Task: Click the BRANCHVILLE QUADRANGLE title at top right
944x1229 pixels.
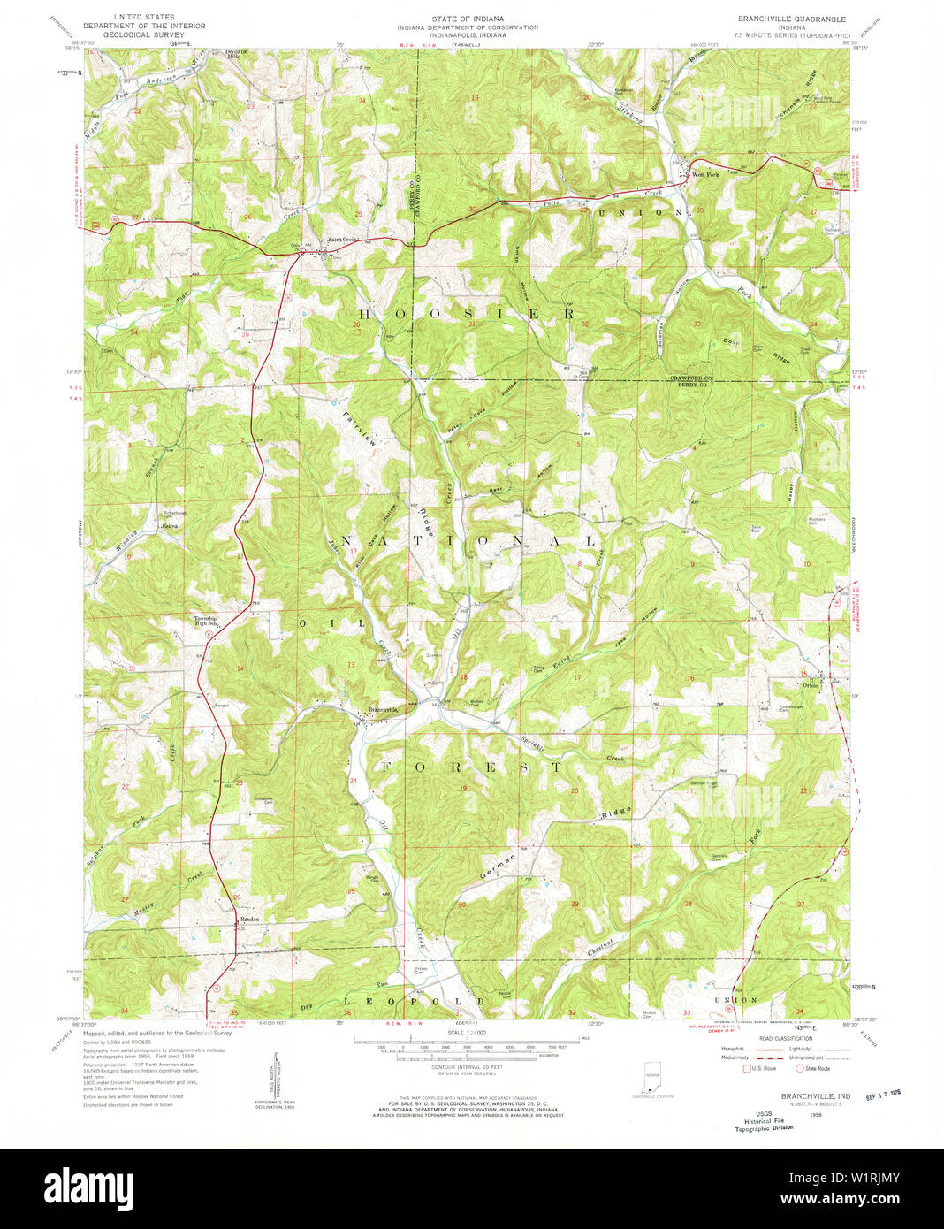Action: point(792,19)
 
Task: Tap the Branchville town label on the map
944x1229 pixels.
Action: point(382,710)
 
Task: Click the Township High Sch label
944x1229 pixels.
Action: point(211,621)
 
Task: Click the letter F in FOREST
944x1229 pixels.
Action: point(386,767)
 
